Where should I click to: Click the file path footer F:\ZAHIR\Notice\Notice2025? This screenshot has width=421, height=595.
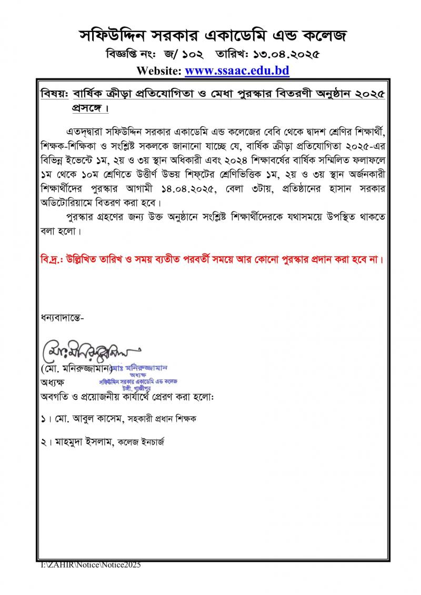(x=92, y=564)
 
